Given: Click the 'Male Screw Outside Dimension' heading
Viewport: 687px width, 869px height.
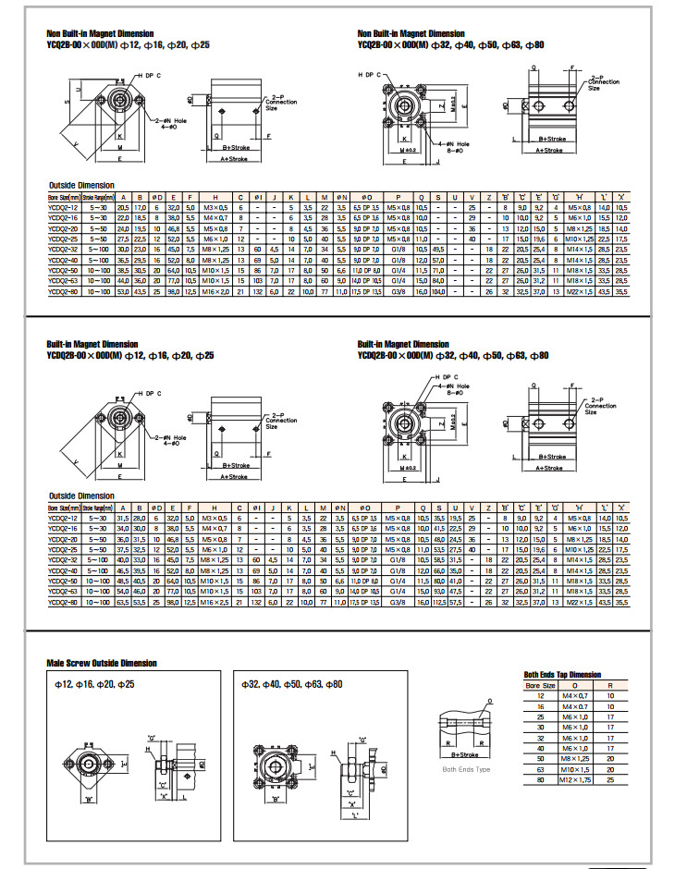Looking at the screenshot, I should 102,663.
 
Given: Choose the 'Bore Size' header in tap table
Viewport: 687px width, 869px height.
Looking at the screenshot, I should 540,685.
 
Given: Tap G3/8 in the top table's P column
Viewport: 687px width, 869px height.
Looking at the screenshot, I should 398,291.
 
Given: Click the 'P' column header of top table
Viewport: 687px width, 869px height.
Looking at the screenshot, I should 398,197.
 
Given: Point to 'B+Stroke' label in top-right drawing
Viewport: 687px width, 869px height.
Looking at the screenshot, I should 553,139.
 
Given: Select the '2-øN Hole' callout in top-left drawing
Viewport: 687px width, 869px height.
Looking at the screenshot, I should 172,119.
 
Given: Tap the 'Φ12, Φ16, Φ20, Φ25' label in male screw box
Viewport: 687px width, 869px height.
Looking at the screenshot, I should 95,684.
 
